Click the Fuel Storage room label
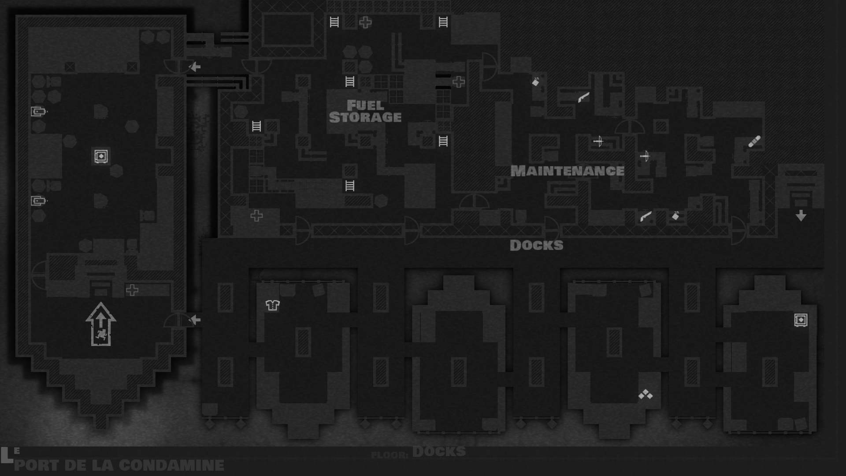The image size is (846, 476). click(x=365, y=111)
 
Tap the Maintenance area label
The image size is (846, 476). click(x=567, y=171)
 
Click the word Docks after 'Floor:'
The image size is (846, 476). click(x=439, y=452)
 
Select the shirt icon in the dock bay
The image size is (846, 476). click(x=273, y=305)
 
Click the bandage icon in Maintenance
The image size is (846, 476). click(x=754, y=141)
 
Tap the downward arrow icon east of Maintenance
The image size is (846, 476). click(x=801, y=216)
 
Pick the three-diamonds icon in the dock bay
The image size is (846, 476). click(x=646, y=394)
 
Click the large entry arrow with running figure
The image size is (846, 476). click(x=101, y=324)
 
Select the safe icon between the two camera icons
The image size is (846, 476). click(x=101, y=156)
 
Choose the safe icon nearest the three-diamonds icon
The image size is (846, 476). click(x=801, y=320)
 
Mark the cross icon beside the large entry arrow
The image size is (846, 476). click(x=132, y=290)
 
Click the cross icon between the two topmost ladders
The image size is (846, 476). click(x=365, y=22)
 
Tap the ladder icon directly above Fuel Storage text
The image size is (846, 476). click(x=349, y=82)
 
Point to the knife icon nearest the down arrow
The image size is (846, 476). click(x=646, y=216)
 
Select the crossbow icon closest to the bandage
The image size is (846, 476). click(x=645, y=156)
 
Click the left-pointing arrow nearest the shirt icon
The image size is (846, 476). click(x=194, y=320)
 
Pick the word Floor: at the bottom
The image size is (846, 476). click(x=390, y=455)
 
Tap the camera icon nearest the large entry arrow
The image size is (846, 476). click(x=39, y=201)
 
